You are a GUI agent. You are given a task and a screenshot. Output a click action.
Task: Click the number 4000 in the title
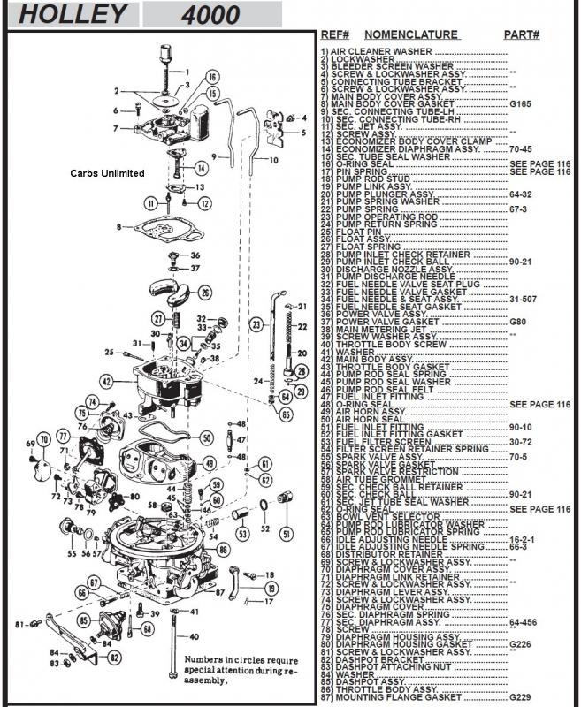tap(210, 14)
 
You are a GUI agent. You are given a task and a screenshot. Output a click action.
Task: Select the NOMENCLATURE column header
tap(411, 35)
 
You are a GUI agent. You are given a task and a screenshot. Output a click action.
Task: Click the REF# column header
tap(336, 35)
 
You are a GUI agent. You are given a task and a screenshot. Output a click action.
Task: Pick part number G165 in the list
tap(521, 103)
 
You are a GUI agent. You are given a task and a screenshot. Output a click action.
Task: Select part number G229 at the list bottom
tap(521, 697)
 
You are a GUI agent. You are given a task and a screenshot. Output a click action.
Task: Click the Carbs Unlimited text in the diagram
tap(107, 173)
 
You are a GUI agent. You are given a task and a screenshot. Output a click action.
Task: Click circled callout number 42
tap(107, 382)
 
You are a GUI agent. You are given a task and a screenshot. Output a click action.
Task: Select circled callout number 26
tap(204, 293)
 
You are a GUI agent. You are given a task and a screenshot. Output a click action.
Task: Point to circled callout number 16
tap(212, 76)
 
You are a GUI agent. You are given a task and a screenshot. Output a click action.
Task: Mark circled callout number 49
tap(210, 462)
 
